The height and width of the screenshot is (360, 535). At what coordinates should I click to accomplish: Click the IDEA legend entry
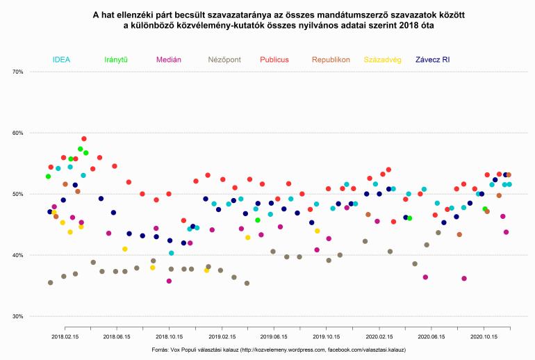61,60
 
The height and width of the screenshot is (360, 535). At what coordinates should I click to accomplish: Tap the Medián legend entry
170,60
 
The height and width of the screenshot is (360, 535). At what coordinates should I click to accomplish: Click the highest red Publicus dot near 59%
84,139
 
